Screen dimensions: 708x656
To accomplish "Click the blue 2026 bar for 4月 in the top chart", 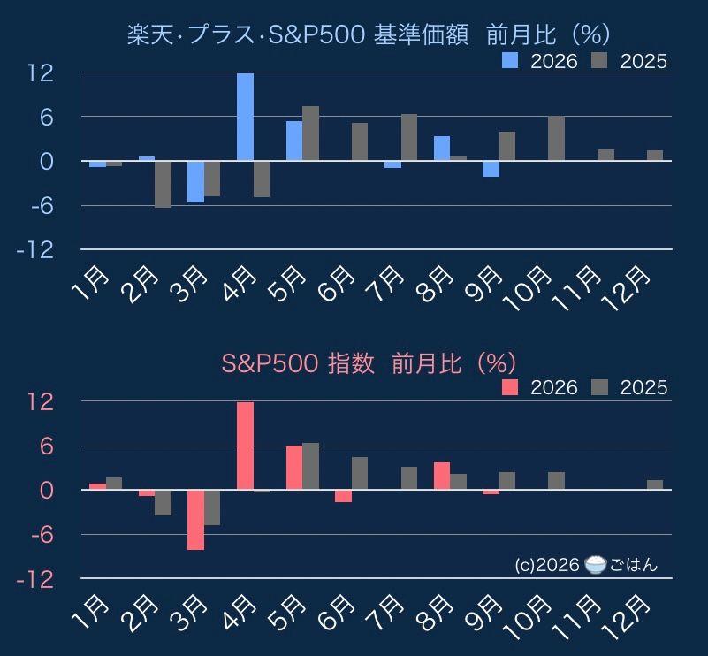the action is (x=245, y=117).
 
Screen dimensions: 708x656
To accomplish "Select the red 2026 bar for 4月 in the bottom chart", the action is (x=245, y=446).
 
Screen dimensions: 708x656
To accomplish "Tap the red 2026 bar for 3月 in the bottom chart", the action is (x=196, y=520).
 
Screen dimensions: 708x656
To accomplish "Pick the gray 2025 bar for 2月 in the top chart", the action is (x=163, y=184).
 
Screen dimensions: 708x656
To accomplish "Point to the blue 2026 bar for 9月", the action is (x=491, y=169).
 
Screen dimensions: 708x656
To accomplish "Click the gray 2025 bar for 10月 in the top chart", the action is (x=556, y=138).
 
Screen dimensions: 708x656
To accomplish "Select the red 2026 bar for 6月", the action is (x=343, y=496).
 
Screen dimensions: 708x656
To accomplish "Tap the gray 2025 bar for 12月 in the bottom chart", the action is (x=655, y=484).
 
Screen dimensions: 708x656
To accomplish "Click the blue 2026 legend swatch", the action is (x=510, y=60).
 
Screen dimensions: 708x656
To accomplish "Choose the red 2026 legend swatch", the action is (x=510, y=387).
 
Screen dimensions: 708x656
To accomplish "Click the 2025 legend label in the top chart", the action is (x=643, y=61).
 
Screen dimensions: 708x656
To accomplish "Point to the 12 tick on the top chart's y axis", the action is (x=41, y=72).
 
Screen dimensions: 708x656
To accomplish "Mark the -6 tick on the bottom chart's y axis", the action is (x=40, y=535).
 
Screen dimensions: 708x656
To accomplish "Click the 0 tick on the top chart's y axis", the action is (x=47, y=161).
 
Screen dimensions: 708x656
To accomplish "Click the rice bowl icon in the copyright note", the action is (x=595, y=565).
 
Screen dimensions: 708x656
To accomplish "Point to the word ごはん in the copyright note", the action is (x=634, y=565).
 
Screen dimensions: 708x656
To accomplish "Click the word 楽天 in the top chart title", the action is (x=150, y=34).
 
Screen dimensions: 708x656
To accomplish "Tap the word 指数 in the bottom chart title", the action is (x=351, y=363).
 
